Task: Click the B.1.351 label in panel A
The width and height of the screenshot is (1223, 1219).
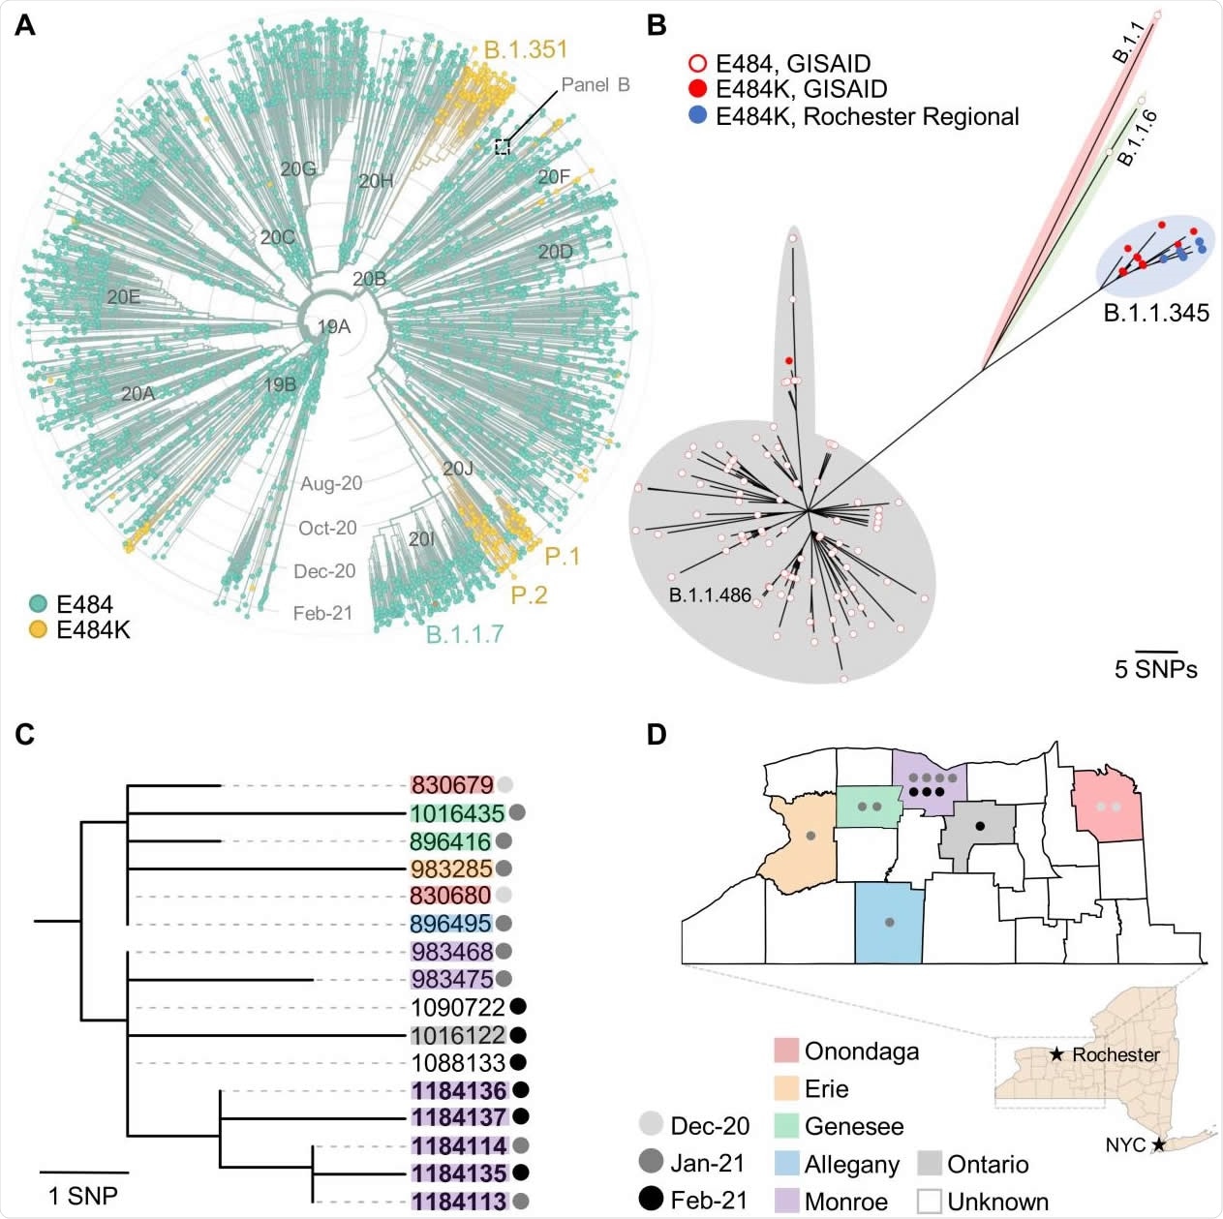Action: (x=525, y=49)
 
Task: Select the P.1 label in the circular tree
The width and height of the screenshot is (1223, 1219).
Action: (x=562, y=556)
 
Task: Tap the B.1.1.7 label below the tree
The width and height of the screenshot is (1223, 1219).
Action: (x=465, y=634)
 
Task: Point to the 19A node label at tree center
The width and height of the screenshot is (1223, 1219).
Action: (x=334, y=327)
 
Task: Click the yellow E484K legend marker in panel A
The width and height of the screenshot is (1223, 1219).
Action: (x=39, y=629)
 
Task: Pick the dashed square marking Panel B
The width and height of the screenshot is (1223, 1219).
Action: (x=502, y=146)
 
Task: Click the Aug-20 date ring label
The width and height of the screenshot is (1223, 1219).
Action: (x=331, y=483)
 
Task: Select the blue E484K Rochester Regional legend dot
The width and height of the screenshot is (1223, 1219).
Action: (x=696, y=116)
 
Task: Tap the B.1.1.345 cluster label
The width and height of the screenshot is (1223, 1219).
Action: (x=1156, y=313)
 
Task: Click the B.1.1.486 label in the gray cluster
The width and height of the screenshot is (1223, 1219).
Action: (x=710, y=595)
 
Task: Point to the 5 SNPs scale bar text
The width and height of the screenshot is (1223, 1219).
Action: (x=1155, y=669)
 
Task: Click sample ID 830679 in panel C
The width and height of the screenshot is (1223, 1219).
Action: (x=452, y=785)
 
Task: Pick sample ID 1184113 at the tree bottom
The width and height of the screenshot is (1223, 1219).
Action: (x=459, y=1202)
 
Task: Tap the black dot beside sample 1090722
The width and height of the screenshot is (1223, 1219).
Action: (x=519, y=1007)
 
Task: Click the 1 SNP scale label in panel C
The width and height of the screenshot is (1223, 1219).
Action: (x=83, y=1196)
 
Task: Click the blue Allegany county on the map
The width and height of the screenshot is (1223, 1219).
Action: (x=888, y=923)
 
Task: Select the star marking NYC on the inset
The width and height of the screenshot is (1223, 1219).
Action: (x=1158, y=1145)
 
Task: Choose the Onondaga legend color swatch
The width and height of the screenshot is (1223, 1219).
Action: (x=786, y=1051)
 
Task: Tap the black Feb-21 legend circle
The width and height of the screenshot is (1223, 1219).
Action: (x=653, y=1200)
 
